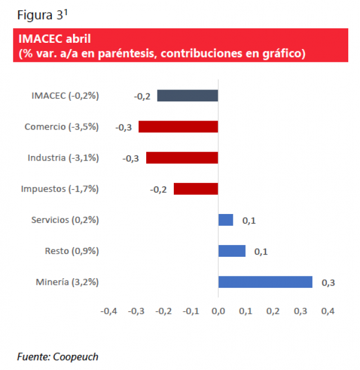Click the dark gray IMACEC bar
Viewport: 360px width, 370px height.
(x=187, y=96)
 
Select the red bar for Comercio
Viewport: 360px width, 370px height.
(x=178, y=127)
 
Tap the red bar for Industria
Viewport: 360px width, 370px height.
(x=182, y=158)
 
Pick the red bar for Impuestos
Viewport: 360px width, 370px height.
(x=196, y=189)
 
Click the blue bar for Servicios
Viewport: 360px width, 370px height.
(x=226, y=220)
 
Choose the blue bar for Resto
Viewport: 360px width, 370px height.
(x=232, y=251)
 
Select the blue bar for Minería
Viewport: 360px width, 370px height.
(x=265, y=282)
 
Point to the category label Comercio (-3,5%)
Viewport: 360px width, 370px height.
(x=62, y=127)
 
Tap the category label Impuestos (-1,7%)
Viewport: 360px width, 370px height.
(x=60, y=189)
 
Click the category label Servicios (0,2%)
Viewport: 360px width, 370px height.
(x=65, y=220)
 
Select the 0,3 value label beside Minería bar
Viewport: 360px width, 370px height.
(x=328, y=283)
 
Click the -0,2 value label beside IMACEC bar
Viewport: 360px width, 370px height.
(x=142, y=96)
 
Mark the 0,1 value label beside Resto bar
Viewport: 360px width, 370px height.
(x=261, y=252)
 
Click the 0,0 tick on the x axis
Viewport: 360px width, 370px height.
(x=218, y=311)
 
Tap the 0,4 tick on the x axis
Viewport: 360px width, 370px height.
(x=328, y=311)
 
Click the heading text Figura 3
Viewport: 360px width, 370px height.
(x=39, y=15)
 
